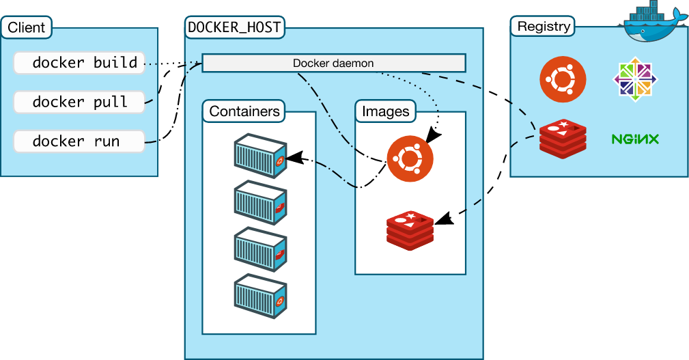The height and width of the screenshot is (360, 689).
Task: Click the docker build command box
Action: [x=79, y=63]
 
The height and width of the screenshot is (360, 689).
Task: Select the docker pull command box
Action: [x=79, y=102]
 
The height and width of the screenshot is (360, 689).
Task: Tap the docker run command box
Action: [x=79, y=141]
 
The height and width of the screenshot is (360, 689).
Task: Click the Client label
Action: [x=27, y=27]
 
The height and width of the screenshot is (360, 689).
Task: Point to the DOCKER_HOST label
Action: [x=234, y=27]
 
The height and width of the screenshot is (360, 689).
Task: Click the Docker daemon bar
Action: [x=333, y=63]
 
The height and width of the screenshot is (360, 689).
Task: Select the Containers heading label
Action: [x=244, y=111]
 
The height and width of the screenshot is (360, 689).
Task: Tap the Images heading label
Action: [x=385, y=111]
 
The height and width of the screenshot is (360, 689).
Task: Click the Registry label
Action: [x=543, y=27]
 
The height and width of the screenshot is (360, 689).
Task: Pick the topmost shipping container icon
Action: [x=261, y=156]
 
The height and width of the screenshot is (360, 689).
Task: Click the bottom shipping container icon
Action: [x=261, y=296]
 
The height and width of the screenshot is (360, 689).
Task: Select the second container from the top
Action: [x=261, y=202]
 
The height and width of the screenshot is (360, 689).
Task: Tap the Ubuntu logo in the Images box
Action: [x=410, y=158]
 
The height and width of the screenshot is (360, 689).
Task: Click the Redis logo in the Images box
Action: [x=410, y=230]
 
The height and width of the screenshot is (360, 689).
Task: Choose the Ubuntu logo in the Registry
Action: [x=563, y=79]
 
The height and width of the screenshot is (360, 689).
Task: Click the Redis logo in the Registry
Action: [x=563, y=139]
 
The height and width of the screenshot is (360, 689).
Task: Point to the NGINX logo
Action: [x=635, y=139]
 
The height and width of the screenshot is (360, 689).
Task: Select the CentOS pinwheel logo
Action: [x=635, y=79]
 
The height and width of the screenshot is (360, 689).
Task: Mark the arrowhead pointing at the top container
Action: [x=294, y=158]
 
